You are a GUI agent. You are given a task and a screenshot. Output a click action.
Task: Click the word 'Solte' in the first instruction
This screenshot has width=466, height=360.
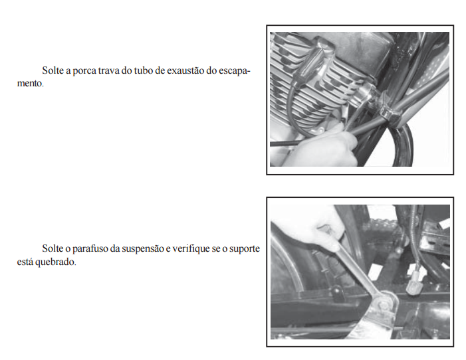pyautogui.click(x=53, y=70)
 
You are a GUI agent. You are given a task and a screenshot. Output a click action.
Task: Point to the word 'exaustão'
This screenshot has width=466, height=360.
pyautogui.click(x=185, y=70)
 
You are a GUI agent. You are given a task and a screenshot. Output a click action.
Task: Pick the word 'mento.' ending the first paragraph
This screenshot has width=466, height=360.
pyautogui.click(x=31, y=84)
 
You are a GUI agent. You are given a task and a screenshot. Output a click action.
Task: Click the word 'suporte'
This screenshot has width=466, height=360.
pyautogui.click(x=245, y=249)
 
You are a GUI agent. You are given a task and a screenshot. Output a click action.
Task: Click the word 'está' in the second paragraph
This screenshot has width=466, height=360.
pyautogui.click(x=25, y=262)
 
